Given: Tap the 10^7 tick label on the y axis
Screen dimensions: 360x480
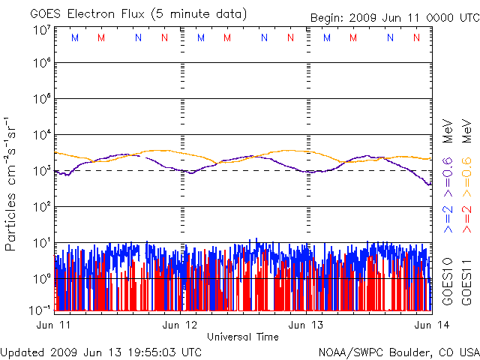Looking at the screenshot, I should [42, 30].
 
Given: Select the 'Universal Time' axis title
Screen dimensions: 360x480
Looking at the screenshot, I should [242, 337].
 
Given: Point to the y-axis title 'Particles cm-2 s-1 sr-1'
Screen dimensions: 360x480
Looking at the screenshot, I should [13, 184].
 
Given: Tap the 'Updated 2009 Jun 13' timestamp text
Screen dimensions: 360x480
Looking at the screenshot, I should [101, 351].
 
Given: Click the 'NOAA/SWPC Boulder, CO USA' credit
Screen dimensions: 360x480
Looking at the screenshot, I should [398, 351].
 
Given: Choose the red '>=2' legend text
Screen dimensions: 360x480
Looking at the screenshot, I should [466, 218].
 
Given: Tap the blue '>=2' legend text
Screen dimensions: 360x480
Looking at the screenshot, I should [448, 218].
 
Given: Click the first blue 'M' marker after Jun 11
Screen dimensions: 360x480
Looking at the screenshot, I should [73, 37].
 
